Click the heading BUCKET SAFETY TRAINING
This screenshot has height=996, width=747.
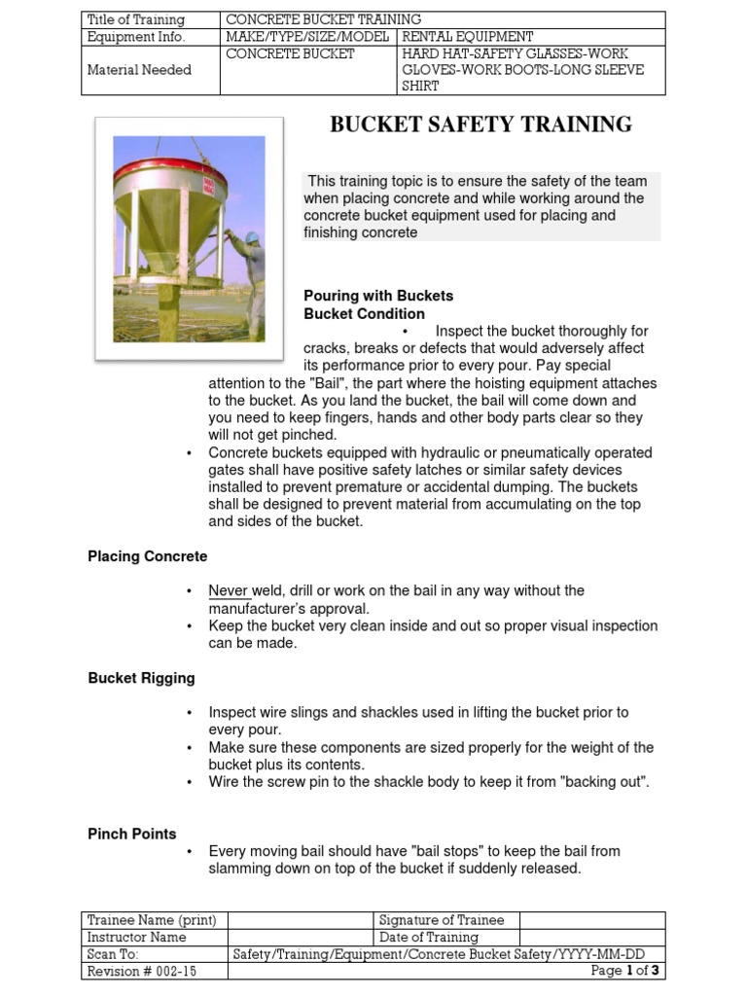pos(480,124)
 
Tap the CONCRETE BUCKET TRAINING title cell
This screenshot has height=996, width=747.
pos(324,19)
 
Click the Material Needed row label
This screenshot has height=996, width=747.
pos(139,70)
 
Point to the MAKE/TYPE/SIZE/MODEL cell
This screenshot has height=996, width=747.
pos(307,37)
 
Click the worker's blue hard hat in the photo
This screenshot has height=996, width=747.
pos(251,236)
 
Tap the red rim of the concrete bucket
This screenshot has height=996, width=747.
pos(171,176)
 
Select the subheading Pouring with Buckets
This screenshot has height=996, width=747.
pos(378,296)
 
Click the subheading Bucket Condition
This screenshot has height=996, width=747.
pos(364,314)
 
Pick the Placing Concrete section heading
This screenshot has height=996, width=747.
pos(147,556)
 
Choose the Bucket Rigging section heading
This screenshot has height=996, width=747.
pos(141,678)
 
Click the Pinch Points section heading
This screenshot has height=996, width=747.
pos(132,834)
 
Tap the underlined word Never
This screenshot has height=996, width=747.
pos(229,590)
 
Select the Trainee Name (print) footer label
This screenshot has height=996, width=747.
pos(152,920)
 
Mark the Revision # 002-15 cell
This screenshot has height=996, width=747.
pos(142,972)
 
